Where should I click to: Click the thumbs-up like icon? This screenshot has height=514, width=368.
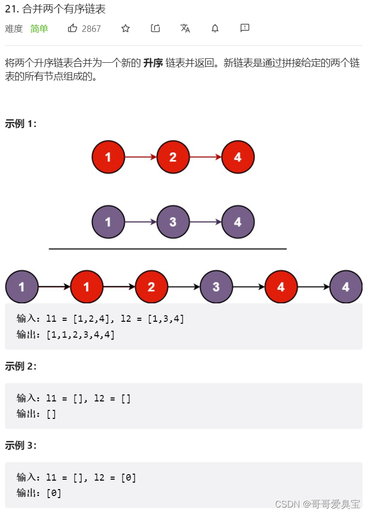pyautogui.click(x=73, y=28)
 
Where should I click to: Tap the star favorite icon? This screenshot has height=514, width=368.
pyautogui.click(x=125, y=28)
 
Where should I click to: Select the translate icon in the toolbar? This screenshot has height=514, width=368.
pyautogui.click(x=185, y=28)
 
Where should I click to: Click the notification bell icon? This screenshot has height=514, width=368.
pyautogui.click(x=215, y=28)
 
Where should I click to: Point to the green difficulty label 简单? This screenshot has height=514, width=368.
pyautogui.click(x=39, y=29)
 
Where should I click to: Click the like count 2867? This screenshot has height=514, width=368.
pyautogui.click(x=91, y=29)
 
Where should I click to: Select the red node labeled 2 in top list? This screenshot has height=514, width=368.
pyautogui.click(x=173, y=157)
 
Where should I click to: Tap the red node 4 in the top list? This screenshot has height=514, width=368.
pyautogui.click(x=238, y=157)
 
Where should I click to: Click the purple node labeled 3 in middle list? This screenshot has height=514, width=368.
pyautogui.click(x=173, y=222)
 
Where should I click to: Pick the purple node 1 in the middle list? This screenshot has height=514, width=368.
pyautogui.click(x=108, y=222)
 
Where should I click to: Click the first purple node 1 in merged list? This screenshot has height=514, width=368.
pyautogui.click(x=22, y=287)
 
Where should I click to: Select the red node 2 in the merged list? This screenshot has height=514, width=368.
pyautogui.click(x=151, y=287)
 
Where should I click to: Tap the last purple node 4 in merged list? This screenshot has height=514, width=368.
pyautogui.click(x=346, y=287)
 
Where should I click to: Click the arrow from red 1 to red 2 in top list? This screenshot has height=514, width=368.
pyautogui.click(x=140, y=157)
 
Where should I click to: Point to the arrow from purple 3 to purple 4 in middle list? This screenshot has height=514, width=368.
pyautogui.click(x=205, y=222)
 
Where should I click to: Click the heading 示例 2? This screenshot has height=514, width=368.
pyautogui.click(x=20, y=366)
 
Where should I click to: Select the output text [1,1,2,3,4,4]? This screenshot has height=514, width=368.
pyautogui.click(x=80, y=335)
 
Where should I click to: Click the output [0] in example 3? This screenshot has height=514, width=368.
pyautogui.click(x=54, y=493)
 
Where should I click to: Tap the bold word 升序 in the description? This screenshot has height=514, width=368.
pyautogui.click(x=153, y=63)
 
